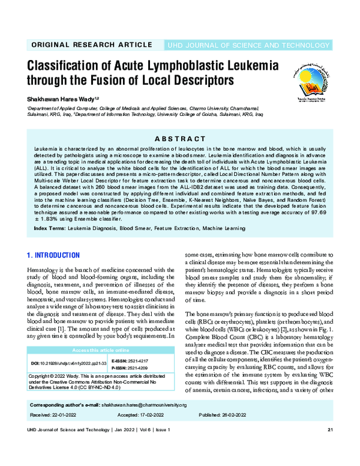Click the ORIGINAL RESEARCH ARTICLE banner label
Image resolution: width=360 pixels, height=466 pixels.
91,45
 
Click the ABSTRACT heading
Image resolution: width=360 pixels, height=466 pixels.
180,137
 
